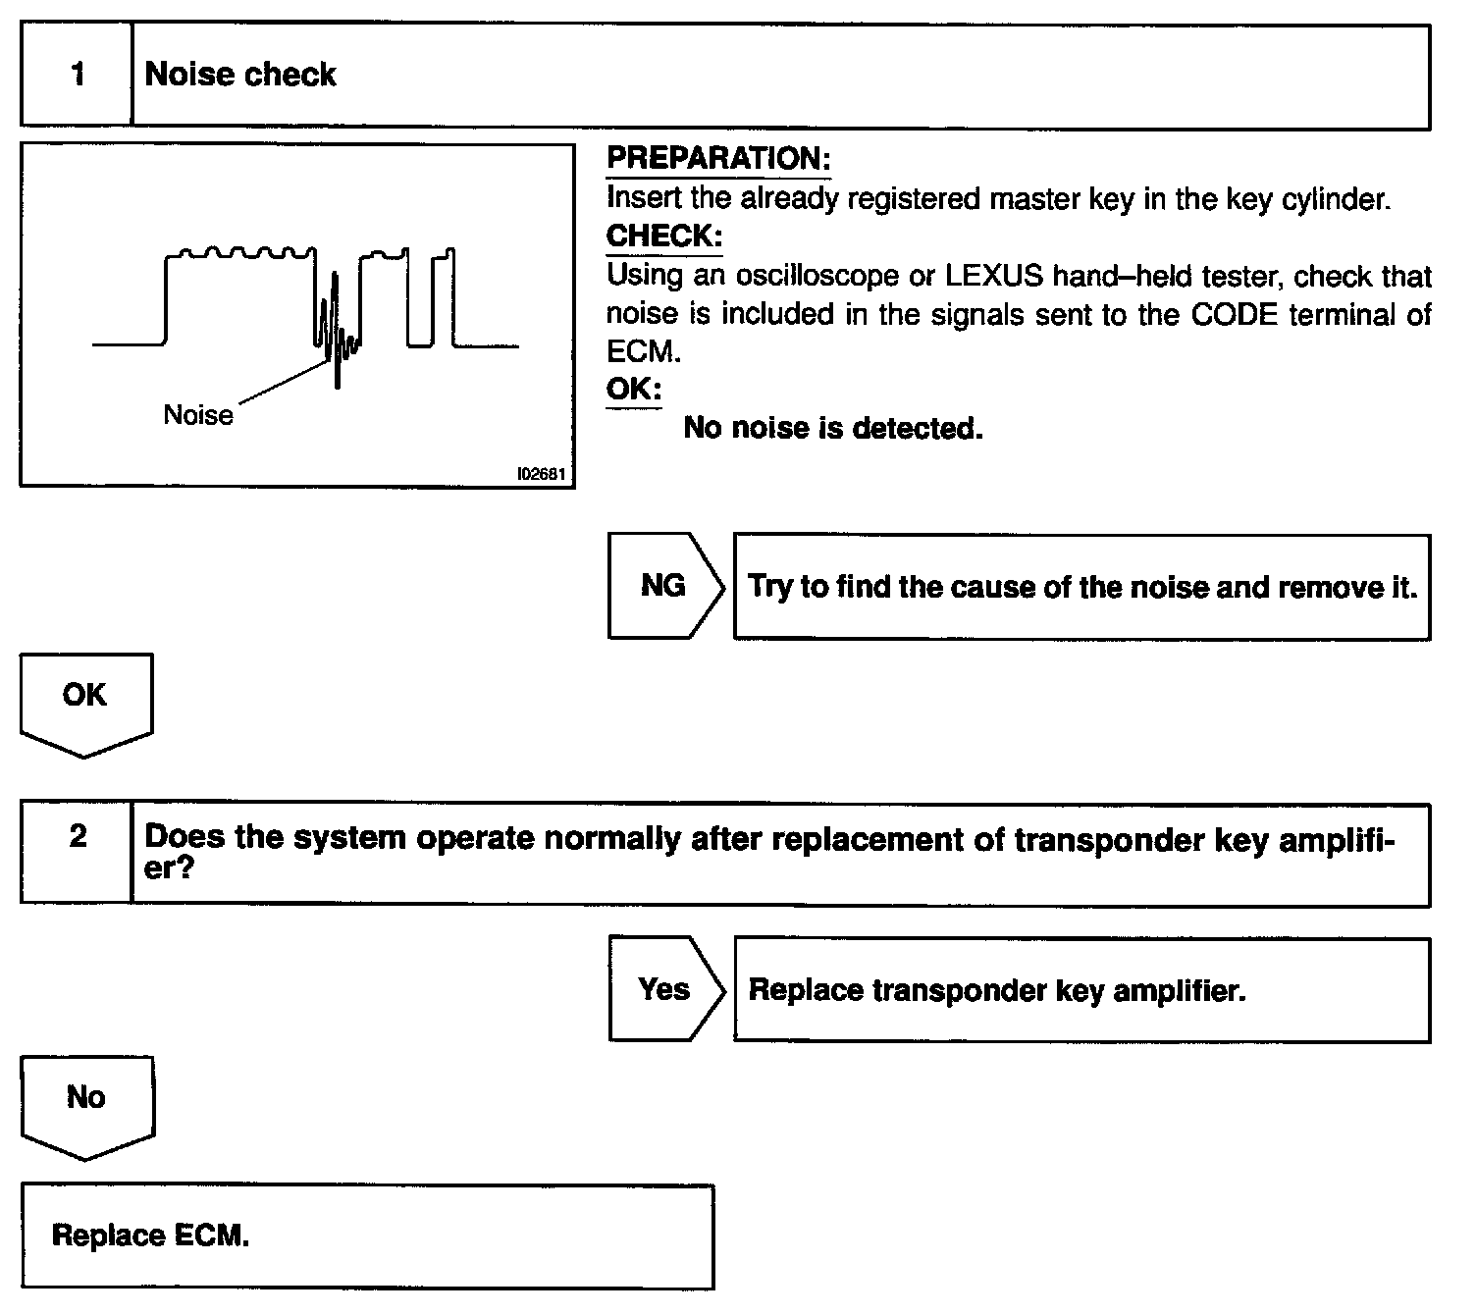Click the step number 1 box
pyautogui.click(x=77, y=76)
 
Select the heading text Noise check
pyautogui.click(x=240, y=75)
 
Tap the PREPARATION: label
pyautogui.click(x=718, y=158)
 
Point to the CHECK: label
pyautogui.click(x=664, y=237)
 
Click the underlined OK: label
pyautogui.click(x=633, y=389)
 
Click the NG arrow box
pyautogui.click(x=664, y=586)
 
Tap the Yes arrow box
pyautogui.click(x=664, y=989)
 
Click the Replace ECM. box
pyautogui.click(x=367, y=1236)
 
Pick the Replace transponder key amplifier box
pyautogui.click(x=1081, y=990)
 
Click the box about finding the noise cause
pyautogui.click(x=1081, y=587)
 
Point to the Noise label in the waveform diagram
pyautogui.click(x=198, y=415)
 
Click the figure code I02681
pyautogui.click(x=541, y=474)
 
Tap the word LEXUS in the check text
pyautogui.click(x=993, y=276)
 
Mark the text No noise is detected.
pyautogui.click(x=832, y=428)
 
